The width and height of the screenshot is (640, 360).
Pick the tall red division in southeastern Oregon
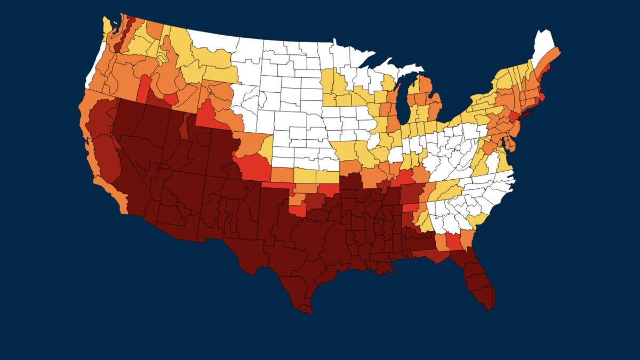pos(144,88)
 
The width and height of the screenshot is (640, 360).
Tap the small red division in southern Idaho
pos(171,99)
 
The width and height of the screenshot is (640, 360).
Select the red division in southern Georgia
pos(454,242)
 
